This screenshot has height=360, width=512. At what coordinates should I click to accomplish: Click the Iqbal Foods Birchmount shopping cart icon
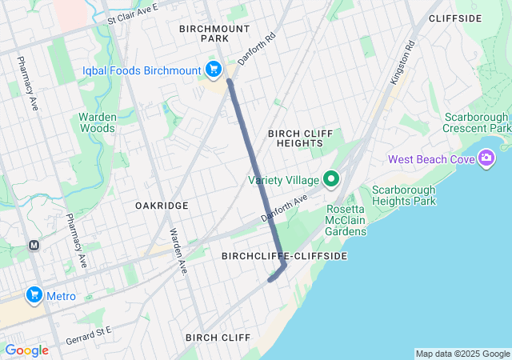214,70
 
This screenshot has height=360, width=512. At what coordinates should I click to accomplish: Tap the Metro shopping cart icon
34,296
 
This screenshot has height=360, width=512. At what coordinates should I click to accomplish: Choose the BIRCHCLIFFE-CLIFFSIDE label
284,255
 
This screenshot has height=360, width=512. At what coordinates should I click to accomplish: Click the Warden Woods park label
98,122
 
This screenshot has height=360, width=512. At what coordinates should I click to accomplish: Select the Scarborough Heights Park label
403,195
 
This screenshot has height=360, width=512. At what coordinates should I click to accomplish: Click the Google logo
26,350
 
